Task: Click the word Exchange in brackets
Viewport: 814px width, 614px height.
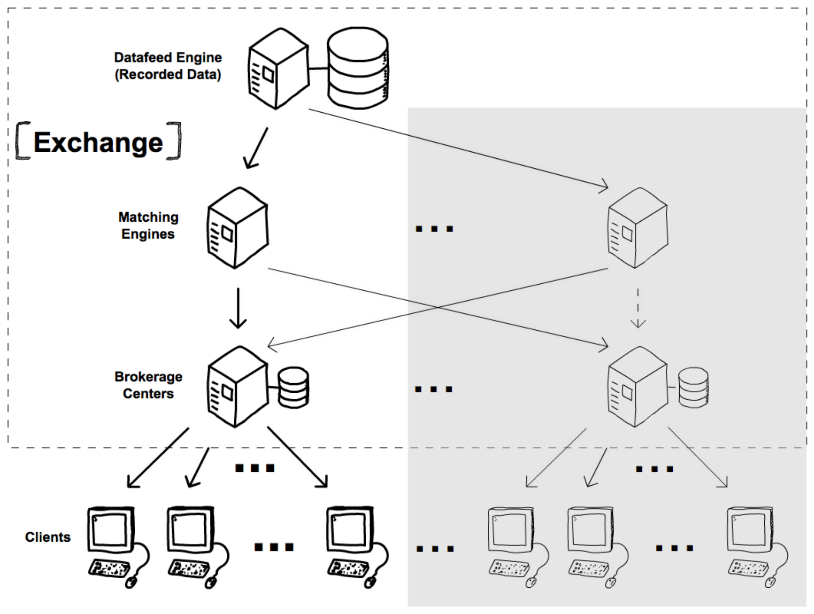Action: (98, 143)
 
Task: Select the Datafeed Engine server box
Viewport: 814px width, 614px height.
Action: (278, 69)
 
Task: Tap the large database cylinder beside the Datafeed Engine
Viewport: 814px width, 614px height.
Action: (358, 68)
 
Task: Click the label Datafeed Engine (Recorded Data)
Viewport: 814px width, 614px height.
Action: (168, 66)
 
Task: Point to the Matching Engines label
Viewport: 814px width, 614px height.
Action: (148, 225)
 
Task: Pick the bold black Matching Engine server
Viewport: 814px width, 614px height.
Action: (237, 228)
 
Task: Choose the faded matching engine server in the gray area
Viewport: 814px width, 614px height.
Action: (638, 228)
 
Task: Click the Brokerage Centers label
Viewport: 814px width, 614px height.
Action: (148, 385)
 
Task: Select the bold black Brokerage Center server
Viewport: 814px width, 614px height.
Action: (237, 387)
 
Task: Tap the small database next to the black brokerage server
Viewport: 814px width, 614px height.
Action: (294, 388)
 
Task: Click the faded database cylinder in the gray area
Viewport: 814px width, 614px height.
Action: (693, 388)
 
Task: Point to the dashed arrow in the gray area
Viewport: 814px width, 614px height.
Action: (638, 308)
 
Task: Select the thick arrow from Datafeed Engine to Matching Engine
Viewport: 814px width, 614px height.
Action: (256, 148)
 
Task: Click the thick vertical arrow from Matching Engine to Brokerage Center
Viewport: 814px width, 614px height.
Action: (238, 308)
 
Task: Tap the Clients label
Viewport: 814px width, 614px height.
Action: (48, 537)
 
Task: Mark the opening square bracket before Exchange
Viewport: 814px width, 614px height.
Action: (23, 141)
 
